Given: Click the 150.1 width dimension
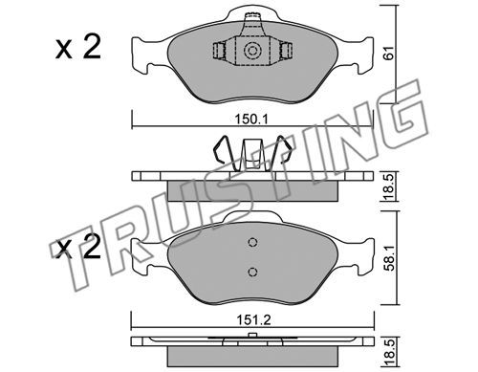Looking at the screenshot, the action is (251, 120).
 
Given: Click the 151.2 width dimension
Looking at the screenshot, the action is (253, 319).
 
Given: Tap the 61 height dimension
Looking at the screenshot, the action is (389, 53).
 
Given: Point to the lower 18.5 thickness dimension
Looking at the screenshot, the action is (389, 353).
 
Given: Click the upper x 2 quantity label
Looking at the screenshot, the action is (78, 49).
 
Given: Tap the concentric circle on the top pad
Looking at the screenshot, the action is (252, 51).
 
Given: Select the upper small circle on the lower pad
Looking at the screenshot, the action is (252, 243).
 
